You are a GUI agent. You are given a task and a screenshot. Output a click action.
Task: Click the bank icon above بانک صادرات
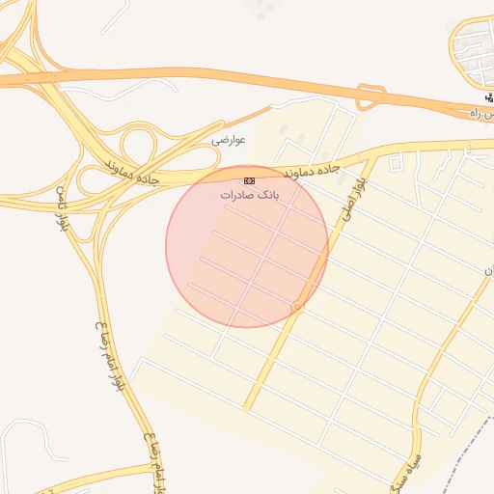click(249, 180)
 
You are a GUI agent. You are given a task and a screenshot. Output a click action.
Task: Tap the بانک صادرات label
click(249, 195)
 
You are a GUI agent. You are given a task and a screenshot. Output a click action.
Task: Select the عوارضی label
click(229, 140)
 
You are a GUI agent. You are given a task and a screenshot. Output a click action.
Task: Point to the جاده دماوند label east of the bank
click(314, 170)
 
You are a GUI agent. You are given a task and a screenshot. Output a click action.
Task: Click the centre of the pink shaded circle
click(247, 247)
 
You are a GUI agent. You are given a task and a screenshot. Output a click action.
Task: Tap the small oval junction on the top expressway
click(367, 96)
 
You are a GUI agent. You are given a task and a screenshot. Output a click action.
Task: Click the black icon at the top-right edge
click(489, 99)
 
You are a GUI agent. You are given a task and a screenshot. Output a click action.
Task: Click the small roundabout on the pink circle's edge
click(299, 307)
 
